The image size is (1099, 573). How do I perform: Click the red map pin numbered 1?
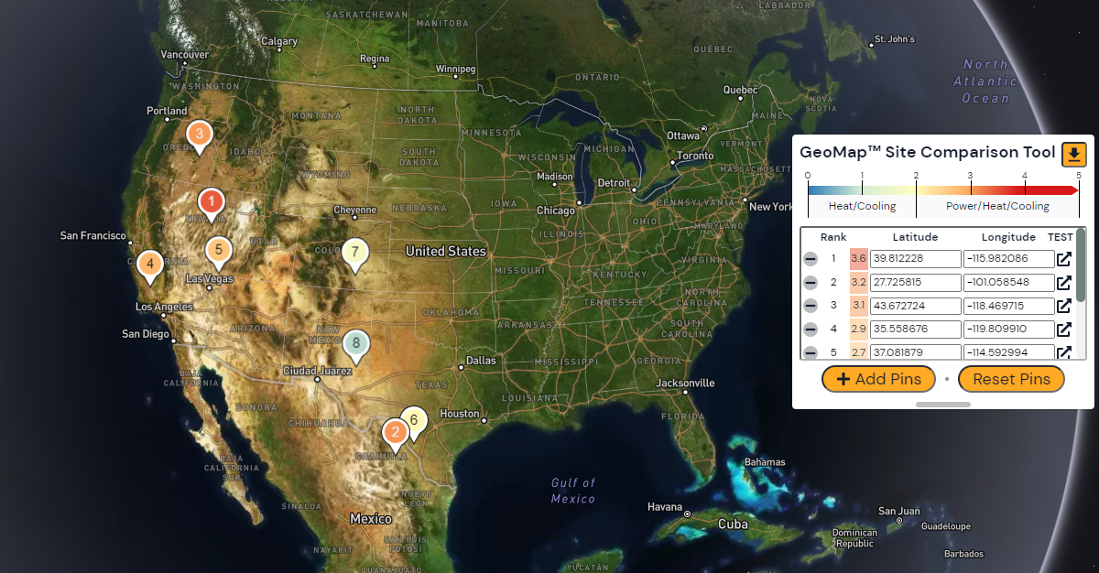pyautogui.click(x=212, y=200)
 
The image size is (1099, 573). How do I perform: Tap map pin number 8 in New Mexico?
pyautogui.click(x=356, y=343)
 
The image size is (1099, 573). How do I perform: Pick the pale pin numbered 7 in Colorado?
pyautogui.click(x=355, y=251)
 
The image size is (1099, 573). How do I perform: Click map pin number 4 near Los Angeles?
pyautogui.click(x=150, y=265)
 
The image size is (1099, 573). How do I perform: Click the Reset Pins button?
pyautogui.click(x=1011, y=379)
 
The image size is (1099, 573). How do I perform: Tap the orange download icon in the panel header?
pyautogui.click(x=1073, y=154)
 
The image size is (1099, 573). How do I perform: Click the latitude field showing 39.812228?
pyautogui.click(x=915, y=259)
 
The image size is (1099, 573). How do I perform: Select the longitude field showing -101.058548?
pyautogui.click(x=1008, y=283)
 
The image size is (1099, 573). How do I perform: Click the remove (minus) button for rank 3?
pyautogui.click(x=811, y=307)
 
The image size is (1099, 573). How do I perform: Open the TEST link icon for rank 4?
pyautogui.click(x=1064, y=330)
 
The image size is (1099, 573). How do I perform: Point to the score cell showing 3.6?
pyautogui.click(x=858, y=259)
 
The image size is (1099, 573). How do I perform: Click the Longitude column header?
pyautogui.click(x=1008, y=237)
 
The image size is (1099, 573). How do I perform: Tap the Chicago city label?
pyautogui.click(x=556, y=211)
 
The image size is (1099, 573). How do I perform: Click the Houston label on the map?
pyautogui.click(x=459, y=414)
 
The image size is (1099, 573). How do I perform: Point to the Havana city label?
pyautogui.click(x=665, y=506)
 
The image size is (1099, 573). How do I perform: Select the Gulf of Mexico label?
pyautogui.click(x=573, y=491)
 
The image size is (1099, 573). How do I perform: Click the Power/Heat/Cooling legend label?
pyautogui.click(x=997, y=206)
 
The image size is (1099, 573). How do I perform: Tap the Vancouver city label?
pyautogui.click(x=185, y=55)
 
